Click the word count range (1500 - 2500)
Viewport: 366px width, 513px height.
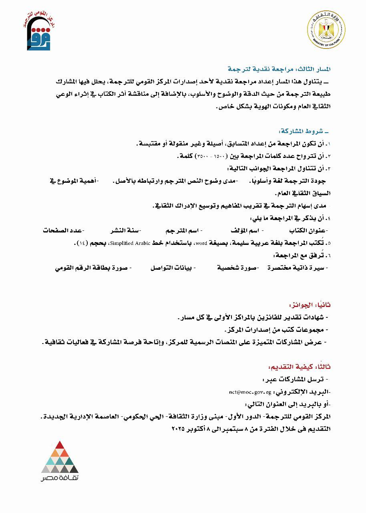(x=218, y=156)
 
